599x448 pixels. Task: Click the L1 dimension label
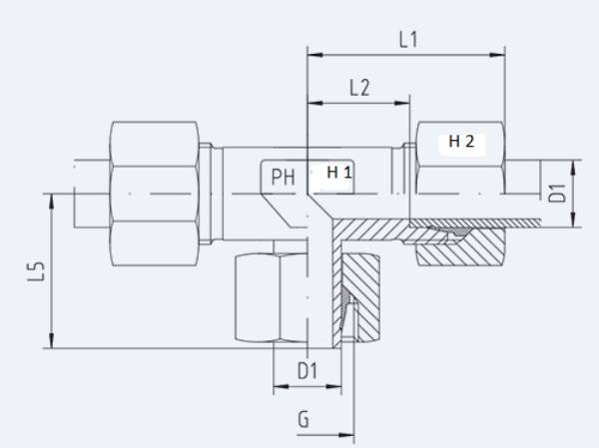pos(406,41)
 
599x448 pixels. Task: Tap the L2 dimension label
pos(360,88)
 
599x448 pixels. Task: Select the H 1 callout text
pos(339,173)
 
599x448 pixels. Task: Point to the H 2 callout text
pos(462,142)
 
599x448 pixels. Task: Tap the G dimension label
pos(302,419)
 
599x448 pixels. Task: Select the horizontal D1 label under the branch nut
pos(307,371)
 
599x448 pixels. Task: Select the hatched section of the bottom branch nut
pos(361,299)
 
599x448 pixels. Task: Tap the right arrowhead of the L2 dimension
pos(406,102)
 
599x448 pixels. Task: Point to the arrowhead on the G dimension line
pos(348,435)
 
